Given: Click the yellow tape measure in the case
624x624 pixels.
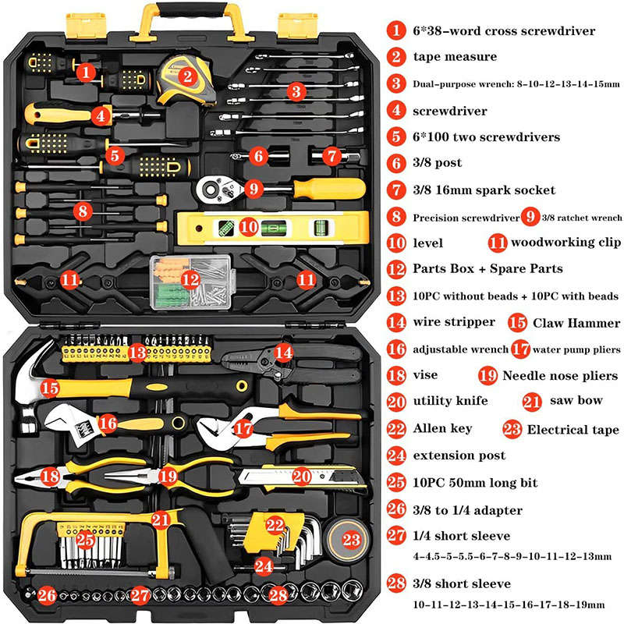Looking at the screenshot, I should coord(187,78).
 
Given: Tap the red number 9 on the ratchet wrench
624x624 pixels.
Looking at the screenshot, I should coord(250,188).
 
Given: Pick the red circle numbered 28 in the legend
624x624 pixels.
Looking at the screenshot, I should coord(397,583).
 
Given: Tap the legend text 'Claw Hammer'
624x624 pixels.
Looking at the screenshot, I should coord(576,323).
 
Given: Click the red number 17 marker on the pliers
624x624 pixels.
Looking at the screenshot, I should coord(243,429).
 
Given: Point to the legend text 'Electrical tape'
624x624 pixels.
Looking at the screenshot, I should coord(573,429).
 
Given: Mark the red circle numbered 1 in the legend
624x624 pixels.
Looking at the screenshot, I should coord(397,31).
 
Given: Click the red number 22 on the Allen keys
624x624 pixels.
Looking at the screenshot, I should coord(275,525).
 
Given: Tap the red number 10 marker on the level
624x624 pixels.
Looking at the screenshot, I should coord(247,227).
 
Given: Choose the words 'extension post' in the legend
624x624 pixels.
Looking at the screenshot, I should coord(459,455).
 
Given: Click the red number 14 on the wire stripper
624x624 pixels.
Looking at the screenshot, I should coord(284,352).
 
